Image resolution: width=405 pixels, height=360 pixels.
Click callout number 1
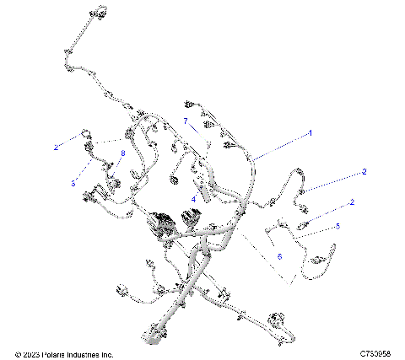point(310,132)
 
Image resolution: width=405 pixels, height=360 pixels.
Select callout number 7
point(185,121)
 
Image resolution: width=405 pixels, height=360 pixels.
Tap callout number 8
point(122,153)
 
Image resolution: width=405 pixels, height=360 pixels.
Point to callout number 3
point(73,182)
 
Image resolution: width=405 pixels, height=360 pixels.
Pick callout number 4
point(193,199)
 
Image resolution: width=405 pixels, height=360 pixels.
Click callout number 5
point(337,226)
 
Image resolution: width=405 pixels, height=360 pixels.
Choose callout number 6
point(279,255)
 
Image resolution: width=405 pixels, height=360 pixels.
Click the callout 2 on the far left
point(57,147)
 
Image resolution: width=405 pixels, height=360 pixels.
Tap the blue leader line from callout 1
point(283,144)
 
